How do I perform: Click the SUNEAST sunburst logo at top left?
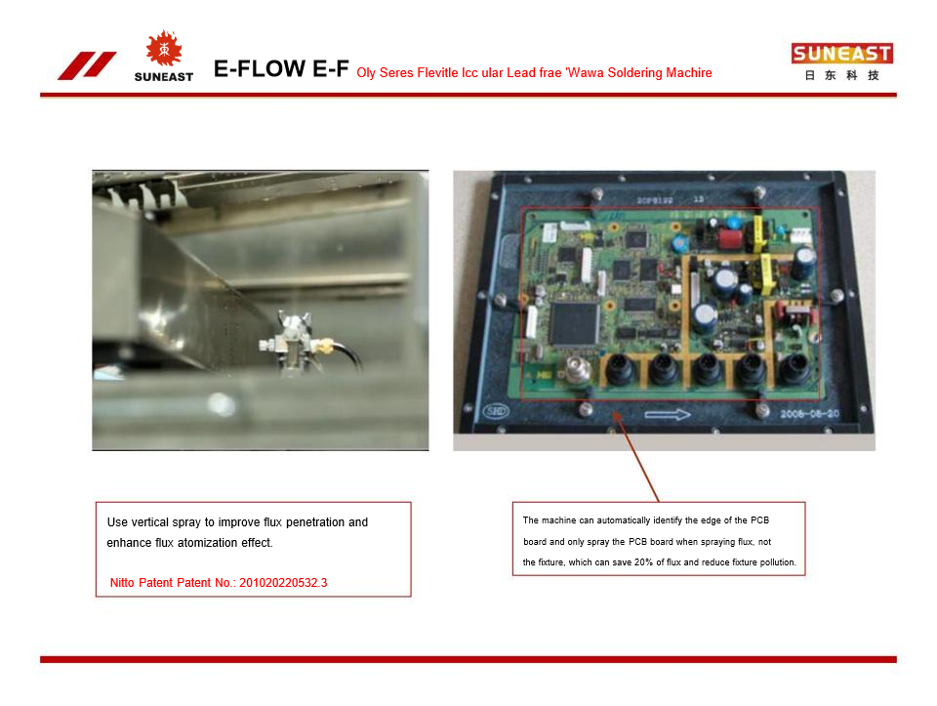(163, 50)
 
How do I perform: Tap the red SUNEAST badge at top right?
(842, 54)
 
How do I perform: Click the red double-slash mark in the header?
(87, 65)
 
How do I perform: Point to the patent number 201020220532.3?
(283, 583)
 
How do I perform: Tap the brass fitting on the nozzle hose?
(323, 345)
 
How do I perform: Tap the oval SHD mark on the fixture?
(495, 411)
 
